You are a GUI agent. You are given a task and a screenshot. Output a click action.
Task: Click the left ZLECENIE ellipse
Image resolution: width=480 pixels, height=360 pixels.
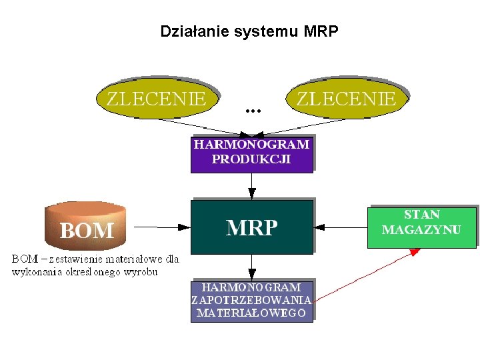tap(157, 100)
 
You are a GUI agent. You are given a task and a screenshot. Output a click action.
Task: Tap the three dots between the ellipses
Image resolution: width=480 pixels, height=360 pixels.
tap(253, 109)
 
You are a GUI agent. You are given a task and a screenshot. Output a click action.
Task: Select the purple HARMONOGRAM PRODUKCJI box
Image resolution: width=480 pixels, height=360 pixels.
tap(251, 153)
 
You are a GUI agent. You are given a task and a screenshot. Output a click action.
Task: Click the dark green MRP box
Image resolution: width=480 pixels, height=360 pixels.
tap(251, 227)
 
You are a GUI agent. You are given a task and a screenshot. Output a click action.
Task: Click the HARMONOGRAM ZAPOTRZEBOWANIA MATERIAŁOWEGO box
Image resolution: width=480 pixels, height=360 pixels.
tap(251, 300)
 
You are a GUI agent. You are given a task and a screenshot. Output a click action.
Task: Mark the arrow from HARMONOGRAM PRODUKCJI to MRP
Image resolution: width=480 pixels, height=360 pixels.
tap(252, 186)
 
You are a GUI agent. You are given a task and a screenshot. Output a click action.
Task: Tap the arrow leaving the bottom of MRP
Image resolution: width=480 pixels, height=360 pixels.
tap(252, 267)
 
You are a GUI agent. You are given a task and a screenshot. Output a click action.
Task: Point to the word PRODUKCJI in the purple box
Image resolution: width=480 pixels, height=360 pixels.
tap(251, 159)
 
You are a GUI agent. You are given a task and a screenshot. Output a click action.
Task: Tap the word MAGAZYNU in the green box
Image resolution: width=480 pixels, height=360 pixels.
tap(421, 229)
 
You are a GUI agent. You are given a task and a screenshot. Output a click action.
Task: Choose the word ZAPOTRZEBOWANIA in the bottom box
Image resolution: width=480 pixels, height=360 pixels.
tap(251, 300)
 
